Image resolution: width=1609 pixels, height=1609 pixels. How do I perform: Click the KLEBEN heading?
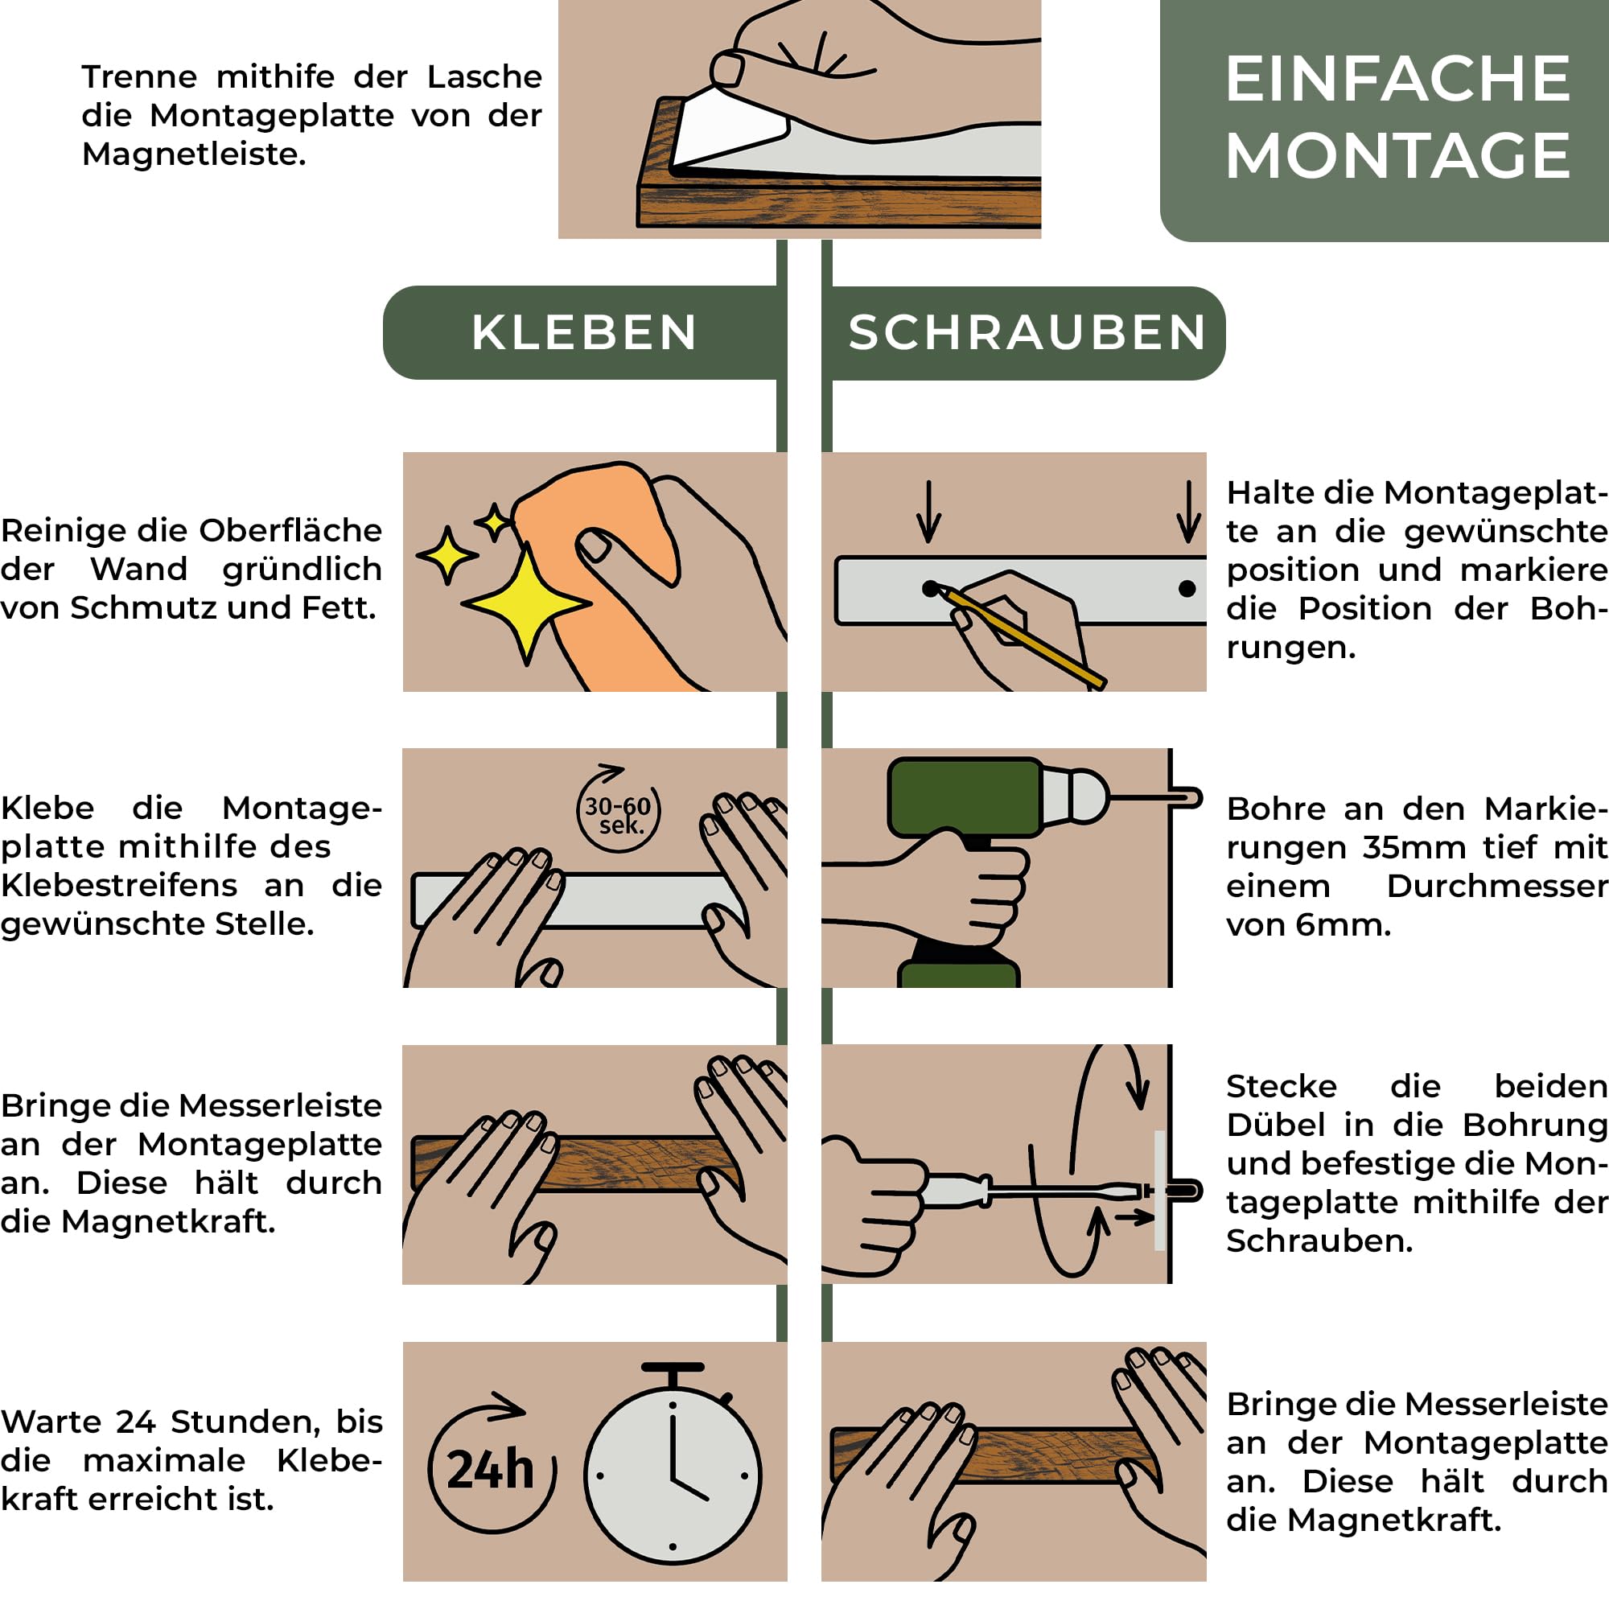pos(584,332)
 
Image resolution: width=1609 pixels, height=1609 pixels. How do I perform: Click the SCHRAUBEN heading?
pos(1027,332)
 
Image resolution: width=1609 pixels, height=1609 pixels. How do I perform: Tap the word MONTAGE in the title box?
pos(1397,156)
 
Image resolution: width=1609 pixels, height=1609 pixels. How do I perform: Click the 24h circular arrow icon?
pos(492,1468)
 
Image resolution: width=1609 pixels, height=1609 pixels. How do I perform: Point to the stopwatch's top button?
pos(673,1369)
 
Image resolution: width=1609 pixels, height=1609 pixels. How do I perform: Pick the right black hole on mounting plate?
pos(1187,589)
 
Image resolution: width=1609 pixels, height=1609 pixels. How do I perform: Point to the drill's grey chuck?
pos(1074,796)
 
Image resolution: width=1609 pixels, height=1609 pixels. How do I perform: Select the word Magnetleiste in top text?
pos(194,154)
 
